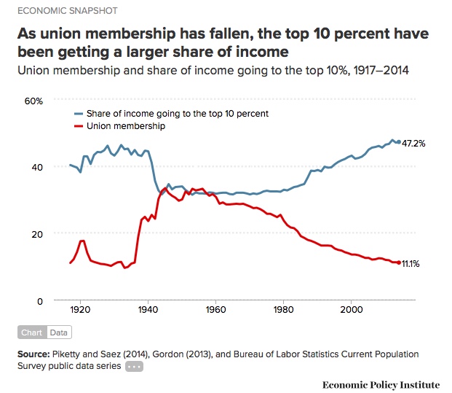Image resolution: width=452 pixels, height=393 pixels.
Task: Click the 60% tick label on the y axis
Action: (x=34, y=100)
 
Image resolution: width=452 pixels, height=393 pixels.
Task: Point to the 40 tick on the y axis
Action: (x=39, y=167)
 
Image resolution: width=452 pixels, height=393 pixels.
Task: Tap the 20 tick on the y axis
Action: (x=39, y=233)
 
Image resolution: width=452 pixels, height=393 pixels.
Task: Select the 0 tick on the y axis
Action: (x=41, y=300)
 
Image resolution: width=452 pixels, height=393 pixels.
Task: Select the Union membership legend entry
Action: (x=125, y=126)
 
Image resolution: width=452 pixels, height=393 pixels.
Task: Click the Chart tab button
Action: (x=31, y=332)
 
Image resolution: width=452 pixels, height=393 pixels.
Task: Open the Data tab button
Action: (x=59, y=332)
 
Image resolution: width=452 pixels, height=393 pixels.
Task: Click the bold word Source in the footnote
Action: (x=36, y=354)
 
